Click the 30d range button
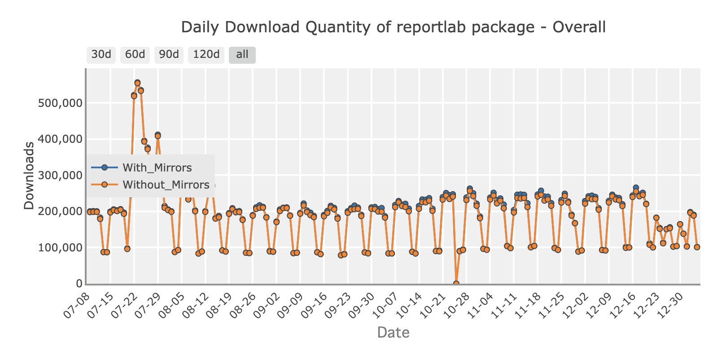tap(101, 55)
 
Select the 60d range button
tap(135, 55)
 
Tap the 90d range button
tap(169, 55)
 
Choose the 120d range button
tap(206, 55)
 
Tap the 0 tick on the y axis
tap(79, 284)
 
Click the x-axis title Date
tap(393, 333)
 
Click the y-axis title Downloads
tap(29, 176)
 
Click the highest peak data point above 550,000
tap(137, 83)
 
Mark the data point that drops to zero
tap(456, 284)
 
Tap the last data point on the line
tap(697, 247)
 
